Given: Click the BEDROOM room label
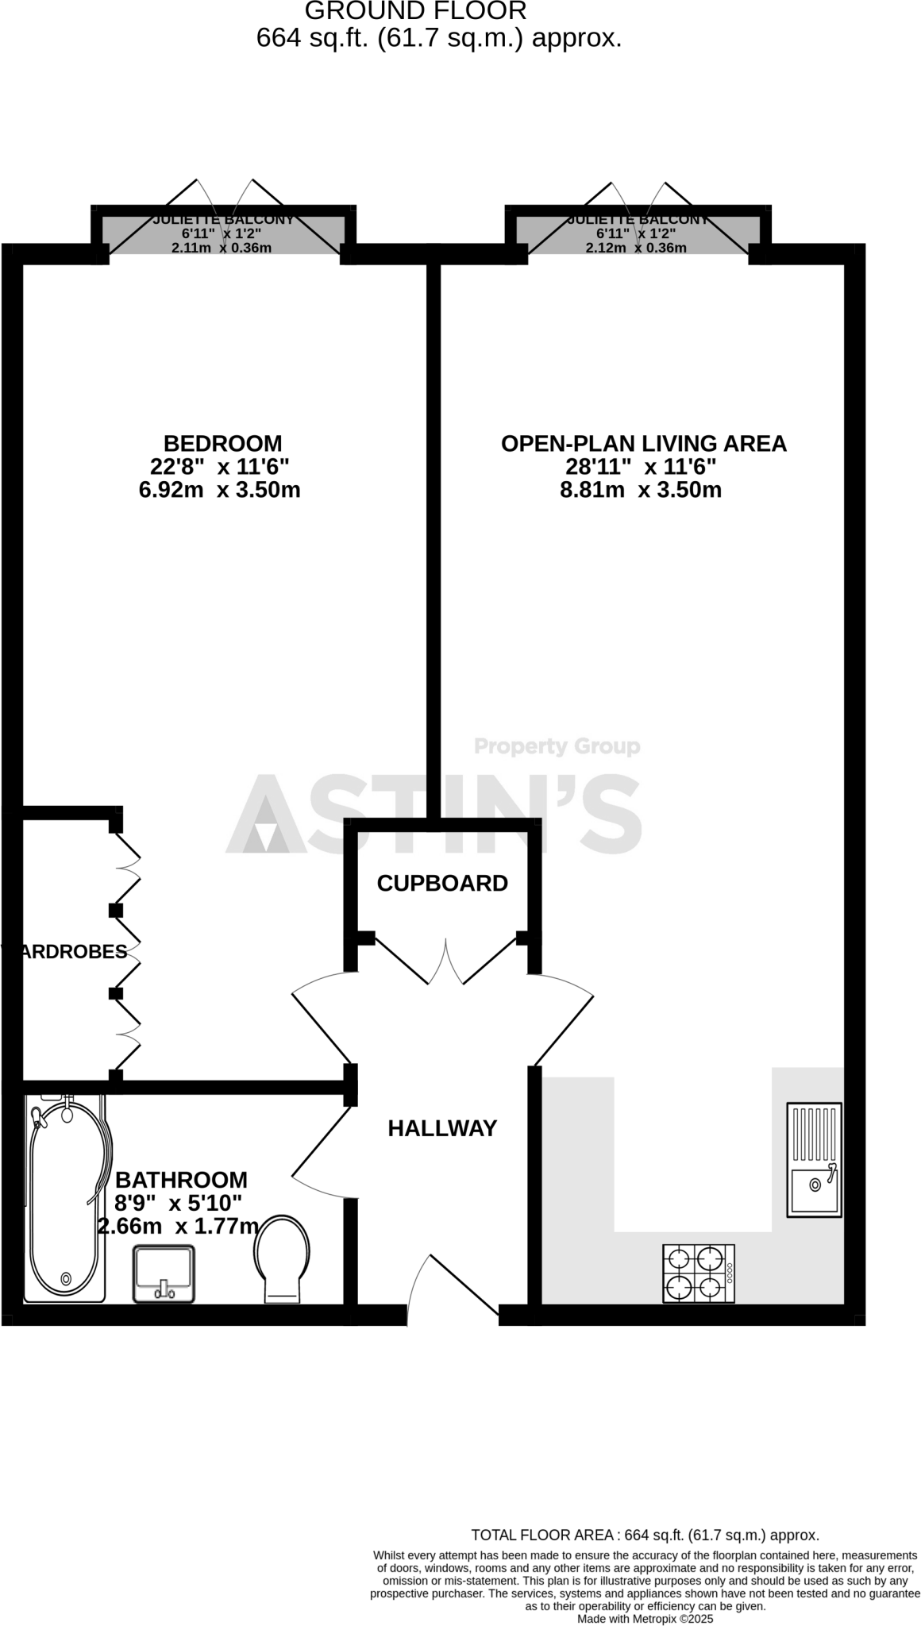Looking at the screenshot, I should pyautogui.click(x=222, y=443).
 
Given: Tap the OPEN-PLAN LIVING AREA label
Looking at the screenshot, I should pyautogui.click(x=643, y=443).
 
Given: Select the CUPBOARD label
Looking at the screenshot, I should pyautogui.click(x=442, y=883).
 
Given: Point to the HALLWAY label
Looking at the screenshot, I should pyautogui.click(x=442, y=1127).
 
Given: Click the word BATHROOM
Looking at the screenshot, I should pyautogui.click(x=182, y=1180).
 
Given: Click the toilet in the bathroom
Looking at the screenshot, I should pyautogui.click(x=282, y=1258).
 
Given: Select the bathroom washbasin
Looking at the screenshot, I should pyautogui.click(x=164, y=1273).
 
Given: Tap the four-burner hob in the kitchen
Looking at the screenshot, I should pyautogui.click(x=698, y=1273).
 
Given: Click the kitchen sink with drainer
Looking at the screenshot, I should pyautogui.click(x=814, y=1159).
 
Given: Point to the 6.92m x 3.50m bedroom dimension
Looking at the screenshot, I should pyautogui.click(x=219, y=490).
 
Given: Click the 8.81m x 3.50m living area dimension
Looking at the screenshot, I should pyautogui.click(x=641, y=490).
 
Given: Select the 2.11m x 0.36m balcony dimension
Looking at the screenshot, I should pyautogui.click(x=222, y=248).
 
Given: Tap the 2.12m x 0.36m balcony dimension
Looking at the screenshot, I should pyautogui.click(x=636, y=248).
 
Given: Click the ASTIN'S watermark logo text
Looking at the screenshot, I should pyautogui.click(x=435, y=815).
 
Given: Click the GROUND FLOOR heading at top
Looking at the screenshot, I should pyautogui.click(x=415, y=11).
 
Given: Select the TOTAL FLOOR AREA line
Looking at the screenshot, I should pyautogui.click(x=645, y=1535).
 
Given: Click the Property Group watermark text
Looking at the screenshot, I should pyautogui.click(x=557, y=746).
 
